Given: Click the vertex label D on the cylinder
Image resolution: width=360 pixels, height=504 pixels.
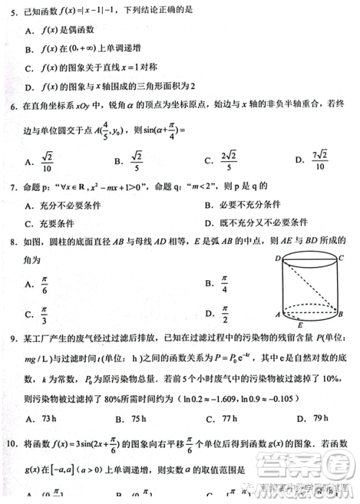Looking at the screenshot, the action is (277, 258).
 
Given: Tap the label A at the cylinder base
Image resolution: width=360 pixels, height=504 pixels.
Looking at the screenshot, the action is (277, 315).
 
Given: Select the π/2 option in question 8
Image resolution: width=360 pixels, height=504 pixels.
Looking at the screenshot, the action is (222, 313).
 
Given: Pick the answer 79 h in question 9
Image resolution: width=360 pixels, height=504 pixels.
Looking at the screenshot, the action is (320, 418).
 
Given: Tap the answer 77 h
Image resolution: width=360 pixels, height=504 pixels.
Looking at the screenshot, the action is (228, 418).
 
